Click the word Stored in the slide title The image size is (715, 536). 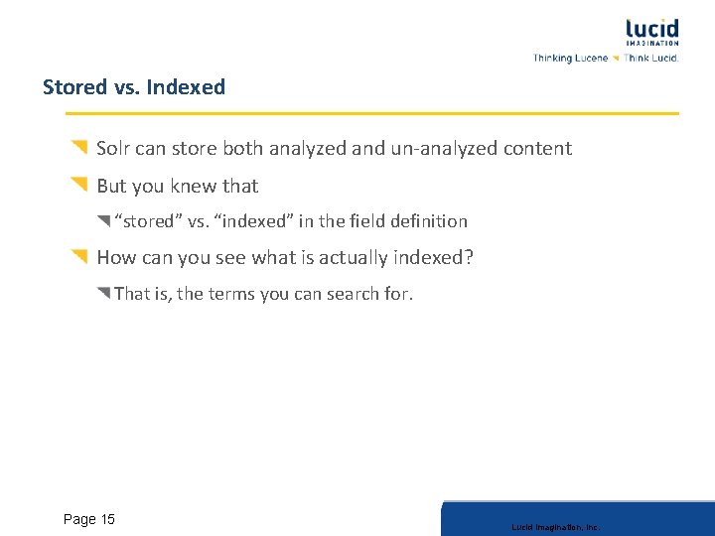[x=73, y=87]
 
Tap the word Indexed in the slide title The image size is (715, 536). [x=186, y=87]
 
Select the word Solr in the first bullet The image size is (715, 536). [x=114, y=149]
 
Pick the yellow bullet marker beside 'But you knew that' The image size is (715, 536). [x=79, y=184]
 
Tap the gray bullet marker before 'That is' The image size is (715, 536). [x=104, y=292]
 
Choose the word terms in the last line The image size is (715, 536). [x=231, y=294]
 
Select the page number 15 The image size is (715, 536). [x=107, y=519]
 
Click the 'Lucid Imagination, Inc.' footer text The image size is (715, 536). [x=556, y=527]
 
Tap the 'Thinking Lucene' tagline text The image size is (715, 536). [x=570, y=59]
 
